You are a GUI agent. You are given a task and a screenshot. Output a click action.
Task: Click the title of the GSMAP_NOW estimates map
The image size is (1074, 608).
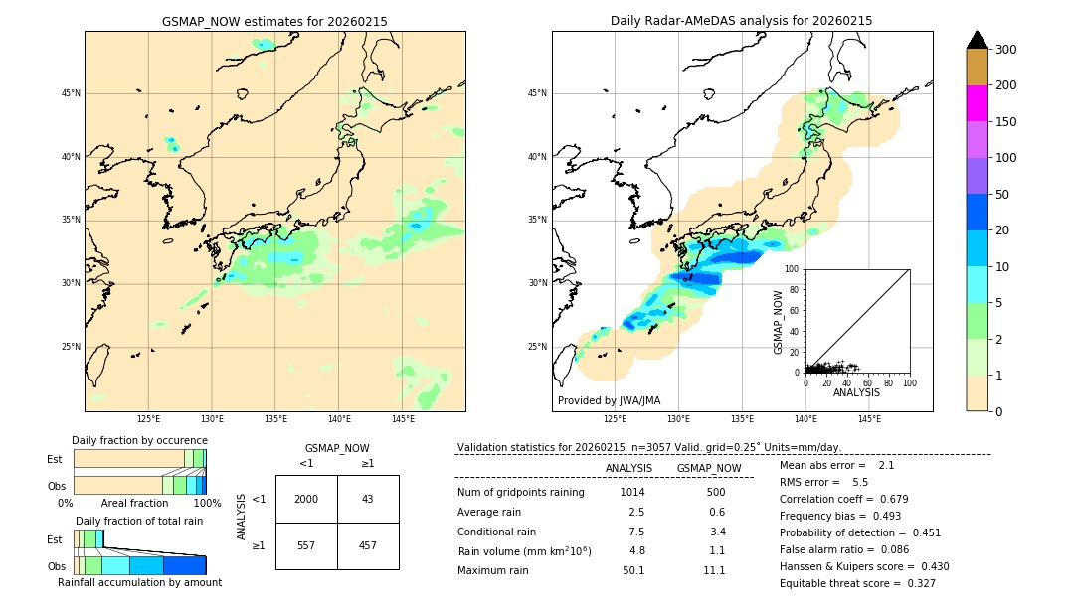point(274,21)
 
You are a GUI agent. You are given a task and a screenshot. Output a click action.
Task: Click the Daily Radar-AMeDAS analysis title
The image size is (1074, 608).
point(741,21)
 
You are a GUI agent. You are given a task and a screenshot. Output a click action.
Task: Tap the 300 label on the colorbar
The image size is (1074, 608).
point(1005,50)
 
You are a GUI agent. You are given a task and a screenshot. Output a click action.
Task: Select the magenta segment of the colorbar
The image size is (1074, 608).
point(978,103)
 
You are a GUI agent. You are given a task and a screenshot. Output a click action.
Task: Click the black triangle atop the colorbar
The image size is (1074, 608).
point(978,40)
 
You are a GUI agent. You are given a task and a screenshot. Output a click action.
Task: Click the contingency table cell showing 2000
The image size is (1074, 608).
point(306,499)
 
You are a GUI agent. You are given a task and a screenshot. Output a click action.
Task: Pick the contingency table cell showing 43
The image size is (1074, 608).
point(368,499)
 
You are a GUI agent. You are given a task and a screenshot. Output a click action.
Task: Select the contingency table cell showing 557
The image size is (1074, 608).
point(306,545)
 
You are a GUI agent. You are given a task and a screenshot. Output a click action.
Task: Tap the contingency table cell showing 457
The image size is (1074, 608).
point(368,545)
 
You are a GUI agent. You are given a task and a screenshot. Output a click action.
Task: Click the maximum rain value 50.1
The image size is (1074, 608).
point(633,570)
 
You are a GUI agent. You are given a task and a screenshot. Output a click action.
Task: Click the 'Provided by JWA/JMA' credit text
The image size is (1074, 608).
point(609,401)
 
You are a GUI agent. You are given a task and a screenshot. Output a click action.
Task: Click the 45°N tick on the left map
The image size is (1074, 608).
point(71,93)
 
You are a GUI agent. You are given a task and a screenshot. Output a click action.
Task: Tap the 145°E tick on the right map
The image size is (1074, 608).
point(869,419)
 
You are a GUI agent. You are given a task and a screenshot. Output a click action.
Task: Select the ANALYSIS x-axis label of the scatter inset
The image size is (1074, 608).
point(856,392)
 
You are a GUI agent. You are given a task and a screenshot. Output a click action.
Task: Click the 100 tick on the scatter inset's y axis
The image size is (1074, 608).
point(792,269)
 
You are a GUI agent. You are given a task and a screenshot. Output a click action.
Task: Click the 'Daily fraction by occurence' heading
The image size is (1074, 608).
point(139,440)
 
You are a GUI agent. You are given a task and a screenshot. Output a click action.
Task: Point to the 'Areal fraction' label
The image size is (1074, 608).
point(134,504)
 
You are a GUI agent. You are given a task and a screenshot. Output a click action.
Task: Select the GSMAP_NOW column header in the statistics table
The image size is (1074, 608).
point(708,468)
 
